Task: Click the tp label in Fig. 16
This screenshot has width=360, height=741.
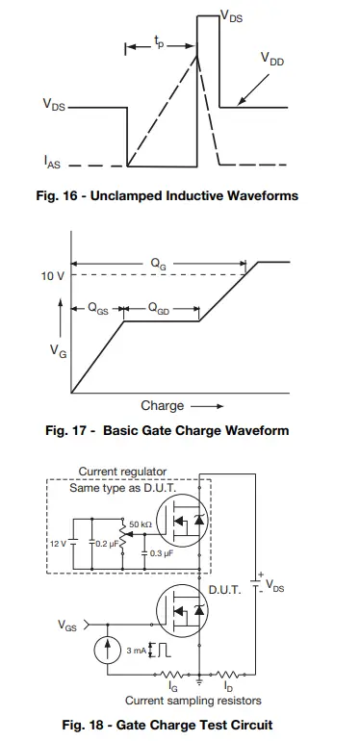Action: pyautogui.click(x=159, y=43)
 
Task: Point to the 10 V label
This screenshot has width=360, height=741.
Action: pyautogui.click(x=53, y=276)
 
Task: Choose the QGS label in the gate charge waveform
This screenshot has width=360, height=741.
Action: pyautogui.click(x=97, y=310)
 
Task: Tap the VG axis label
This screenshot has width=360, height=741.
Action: pyautogui.click(x=58, y=353)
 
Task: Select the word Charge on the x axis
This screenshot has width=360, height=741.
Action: pyautogui.click(x=162, y=405)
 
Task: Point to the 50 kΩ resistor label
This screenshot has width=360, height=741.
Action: pyautogui.click(x=141, y=524)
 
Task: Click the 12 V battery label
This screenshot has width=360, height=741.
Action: pyautogui.click(x=57, y=544)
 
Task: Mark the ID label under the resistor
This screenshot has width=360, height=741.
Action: pyautogui.click(x=227, y=688)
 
